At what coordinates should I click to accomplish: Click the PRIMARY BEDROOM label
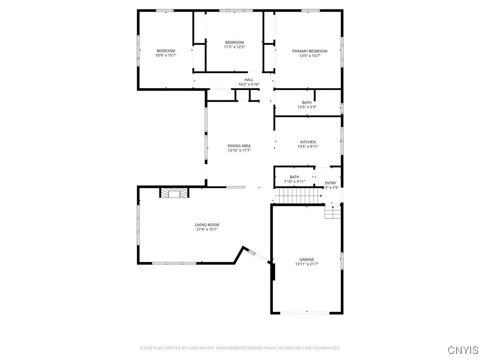[x=309, y=51]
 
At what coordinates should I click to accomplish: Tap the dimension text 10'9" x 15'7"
[x=165, y=55]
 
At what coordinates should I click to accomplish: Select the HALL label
[x=248, y=80]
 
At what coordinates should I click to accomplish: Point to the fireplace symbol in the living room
[x=174, y=193]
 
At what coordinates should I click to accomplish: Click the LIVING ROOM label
[x=207, y=225]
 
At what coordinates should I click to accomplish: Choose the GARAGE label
[x=307, y=260]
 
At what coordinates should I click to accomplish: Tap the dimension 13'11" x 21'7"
[x=307, y=264]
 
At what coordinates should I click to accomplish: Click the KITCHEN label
[x=308, y=142]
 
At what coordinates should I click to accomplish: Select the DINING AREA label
[x=239, y=146]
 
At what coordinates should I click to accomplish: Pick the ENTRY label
[x=330, y=183]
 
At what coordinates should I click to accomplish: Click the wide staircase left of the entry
[x=298, y=195]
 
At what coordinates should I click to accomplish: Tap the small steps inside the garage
[x=332, y=213]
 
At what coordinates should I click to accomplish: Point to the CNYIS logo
[x=463, y=350]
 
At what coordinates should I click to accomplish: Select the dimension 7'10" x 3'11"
[x=294, y=181]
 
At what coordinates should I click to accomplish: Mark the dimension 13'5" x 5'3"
[x=307, y=107]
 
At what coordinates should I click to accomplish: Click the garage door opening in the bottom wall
[x=307, y=313]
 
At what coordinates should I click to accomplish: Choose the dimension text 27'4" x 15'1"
[x=207, y=230]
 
